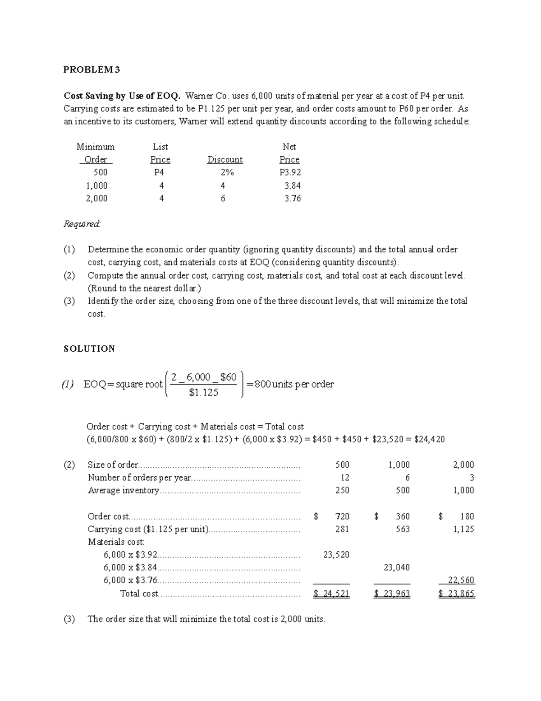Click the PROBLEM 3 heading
[x=92, y=70]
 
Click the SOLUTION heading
[x=89, y=348]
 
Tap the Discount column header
[x=225, y=160]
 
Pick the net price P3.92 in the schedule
[x=290, y=172]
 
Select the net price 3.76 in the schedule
[x=293, y=198]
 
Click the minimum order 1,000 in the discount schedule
[x=96, y=186]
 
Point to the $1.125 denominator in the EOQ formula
[x=203, y=393]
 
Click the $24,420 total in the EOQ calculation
[x=429, y=439]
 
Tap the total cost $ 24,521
[x=331, y=594]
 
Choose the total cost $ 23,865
[x=457, y=594]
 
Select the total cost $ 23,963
[x=392, y=594]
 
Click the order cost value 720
[x=342, y=516]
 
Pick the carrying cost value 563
[x=403, y=529]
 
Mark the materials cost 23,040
[x=397, y=567]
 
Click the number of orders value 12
[x=345, y=478]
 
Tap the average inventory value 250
[x=342, y=490]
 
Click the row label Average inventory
[x=123, y=491]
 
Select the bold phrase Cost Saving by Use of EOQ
[x=122, y=96]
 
